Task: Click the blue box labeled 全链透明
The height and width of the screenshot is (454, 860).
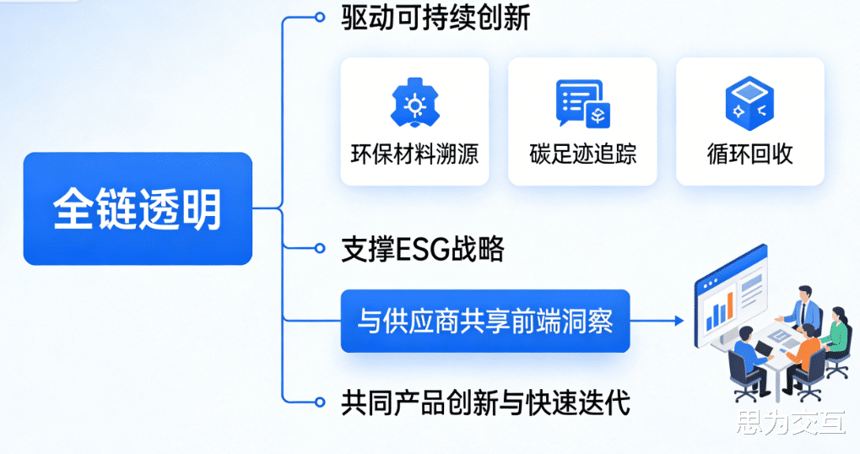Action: [x=138, y=208]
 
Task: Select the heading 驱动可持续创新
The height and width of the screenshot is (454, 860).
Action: [x=435, y=18]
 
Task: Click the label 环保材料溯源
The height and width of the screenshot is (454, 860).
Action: [x=414, y=154]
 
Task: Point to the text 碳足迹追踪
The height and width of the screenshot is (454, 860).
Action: [x=582, y=154]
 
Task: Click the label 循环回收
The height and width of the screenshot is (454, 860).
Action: [x=749, y=154]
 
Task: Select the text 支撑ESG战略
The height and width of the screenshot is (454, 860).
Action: [x=422, y=249]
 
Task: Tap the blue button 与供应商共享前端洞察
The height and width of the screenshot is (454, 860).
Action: [x=485, y=321]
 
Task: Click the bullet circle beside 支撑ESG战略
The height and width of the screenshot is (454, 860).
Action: [x=319, y=248]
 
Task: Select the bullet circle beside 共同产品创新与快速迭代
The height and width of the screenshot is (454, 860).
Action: [x=319, y=403]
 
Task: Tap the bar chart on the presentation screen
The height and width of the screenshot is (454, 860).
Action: [x=720, y=311]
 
